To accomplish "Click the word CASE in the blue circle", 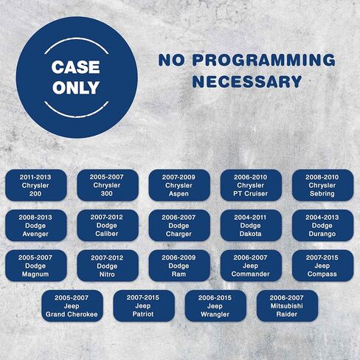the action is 76,67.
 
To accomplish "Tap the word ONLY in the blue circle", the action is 76,88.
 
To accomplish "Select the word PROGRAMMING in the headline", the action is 263,60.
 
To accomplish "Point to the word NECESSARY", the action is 247,82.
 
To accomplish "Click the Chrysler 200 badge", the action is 36,185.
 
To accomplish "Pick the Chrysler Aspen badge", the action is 179,185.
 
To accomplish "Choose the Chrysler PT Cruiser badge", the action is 251,185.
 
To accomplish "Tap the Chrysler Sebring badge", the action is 322,185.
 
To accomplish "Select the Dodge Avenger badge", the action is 36,226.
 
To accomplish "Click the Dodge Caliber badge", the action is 108,226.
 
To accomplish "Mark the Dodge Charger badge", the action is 179,226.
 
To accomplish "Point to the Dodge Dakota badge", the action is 251,226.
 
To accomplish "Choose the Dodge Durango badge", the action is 322,226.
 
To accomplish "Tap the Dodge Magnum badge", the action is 36,266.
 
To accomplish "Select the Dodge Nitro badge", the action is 108,266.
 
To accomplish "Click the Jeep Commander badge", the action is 251,266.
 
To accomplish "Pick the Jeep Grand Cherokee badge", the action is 72,306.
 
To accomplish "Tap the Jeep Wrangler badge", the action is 215,306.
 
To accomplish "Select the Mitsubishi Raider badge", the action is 287,306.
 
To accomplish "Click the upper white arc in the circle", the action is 76,39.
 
